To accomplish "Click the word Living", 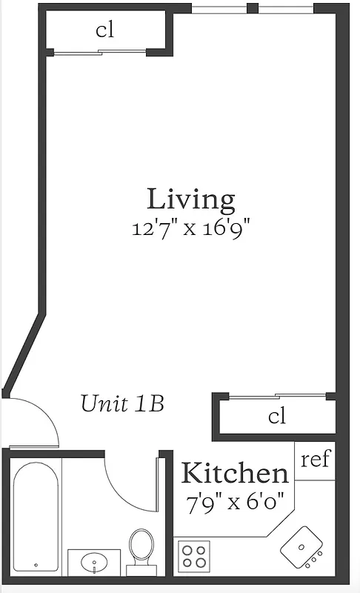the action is pyautogui.click(x=191, y=199).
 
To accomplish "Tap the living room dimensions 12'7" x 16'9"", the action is pyautogui.click(x=191, y=228).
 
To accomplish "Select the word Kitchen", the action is pyautogui.click(x=235, y=473).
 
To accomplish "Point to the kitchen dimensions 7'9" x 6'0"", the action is pyautogui.click(x=235, y=503).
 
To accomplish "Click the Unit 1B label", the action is pyautogui.click(x=122, y=403).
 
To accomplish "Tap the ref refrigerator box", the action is pyautogui.click(x=315, y=460).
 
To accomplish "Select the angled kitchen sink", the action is pyautogui.click(x=301, y=547).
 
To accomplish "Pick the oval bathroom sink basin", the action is pyautogui.click(x=93, y=562).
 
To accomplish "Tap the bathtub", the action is pyautogui.click(x=36, y=517).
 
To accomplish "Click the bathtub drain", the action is pyautogui.click(x=36, y=565).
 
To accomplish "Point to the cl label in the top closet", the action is pyautogui.click(x=104, y=30).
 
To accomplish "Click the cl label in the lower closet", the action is pyautogui.click(x=277, y=416).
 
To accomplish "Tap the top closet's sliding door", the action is pyautogui.click(x=100, y=52).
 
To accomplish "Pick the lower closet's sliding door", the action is pyautogui.click(x=278, y=396).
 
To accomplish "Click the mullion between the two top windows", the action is pyautogui.click(x=253, y=8).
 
